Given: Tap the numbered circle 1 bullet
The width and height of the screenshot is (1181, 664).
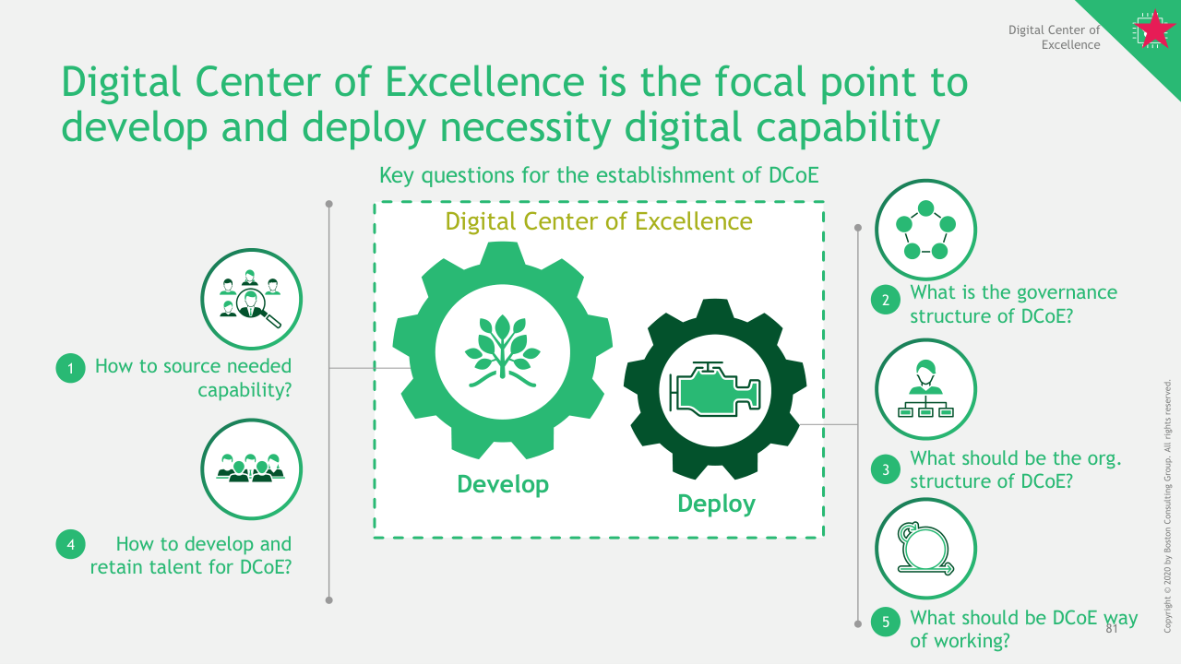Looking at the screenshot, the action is coord(71,368).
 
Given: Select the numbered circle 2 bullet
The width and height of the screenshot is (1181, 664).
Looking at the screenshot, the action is coord(886,300).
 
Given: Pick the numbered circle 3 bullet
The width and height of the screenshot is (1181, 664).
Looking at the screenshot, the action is coord(886,469).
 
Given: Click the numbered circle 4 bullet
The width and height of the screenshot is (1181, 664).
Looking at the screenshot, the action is coord(71,544).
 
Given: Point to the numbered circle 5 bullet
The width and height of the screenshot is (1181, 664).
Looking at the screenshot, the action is coord(886,622).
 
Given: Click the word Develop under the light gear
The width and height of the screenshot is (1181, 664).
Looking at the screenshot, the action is coord(503,485).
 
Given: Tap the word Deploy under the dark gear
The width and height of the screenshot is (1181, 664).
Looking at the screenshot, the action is coord(717,504).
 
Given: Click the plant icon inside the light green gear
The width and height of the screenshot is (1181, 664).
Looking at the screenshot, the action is coord(503,351).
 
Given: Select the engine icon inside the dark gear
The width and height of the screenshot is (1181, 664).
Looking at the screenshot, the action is coord(715,390).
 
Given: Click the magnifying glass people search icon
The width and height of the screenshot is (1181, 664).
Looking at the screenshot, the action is coord(252,299).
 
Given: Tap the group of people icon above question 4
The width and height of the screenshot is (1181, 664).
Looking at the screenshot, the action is coord(252,469).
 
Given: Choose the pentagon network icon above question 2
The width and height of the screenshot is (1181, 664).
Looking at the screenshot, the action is coord(925,230).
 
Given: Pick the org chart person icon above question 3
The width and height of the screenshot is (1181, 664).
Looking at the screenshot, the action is coord(925,389).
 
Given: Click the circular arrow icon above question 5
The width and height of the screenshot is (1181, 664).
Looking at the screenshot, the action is coord(925,549).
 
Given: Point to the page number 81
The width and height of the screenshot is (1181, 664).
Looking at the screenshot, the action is coord(1112,628).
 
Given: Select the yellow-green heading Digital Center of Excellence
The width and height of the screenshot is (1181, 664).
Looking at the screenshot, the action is coord(599,221).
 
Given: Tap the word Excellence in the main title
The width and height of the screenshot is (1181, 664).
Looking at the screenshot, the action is coord(485,82).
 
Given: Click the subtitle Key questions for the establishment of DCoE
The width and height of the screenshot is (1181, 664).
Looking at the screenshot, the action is coord(599,175).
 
